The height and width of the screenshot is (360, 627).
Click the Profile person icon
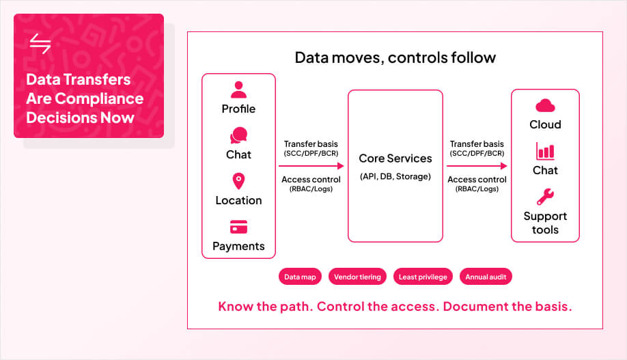click(x=238, y=89)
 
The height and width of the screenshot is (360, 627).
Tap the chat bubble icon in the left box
click(x=238, y=135)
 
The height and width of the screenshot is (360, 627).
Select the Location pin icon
click(x=238, y=181)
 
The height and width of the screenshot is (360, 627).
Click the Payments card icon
click(x=238, y=227)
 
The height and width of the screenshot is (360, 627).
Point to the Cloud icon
click(x=545, y=105)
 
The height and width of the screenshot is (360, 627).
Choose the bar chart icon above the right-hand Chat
click(x=545, y=151)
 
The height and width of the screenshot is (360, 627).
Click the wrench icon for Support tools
click(x=545, y=197)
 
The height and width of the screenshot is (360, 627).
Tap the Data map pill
click(x=300, y=277)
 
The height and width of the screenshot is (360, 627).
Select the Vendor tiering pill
click(x=357, y=277)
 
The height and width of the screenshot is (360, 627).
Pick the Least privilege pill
click(x=423, y=277)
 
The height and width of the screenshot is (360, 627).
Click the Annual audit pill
click(x=486, y=277)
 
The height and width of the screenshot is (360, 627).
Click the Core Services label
click(x=395, y=158)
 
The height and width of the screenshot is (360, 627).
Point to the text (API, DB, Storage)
click(x=395, y=177)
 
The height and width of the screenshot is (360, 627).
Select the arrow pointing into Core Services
click(x=311, y=165)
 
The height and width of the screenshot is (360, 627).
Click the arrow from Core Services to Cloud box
click(x=477, y=165)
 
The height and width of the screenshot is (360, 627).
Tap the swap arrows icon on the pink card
click(x=40, y=44)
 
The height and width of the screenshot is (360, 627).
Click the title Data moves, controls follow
click(x=395, y=57)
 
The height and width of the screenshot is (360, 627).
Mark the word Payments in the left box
click(x=238, y=246)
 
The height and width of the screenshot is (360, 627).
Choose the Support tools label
click(x=545, y=223)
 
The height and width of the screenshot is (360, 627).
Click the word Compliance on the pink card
click(x=100, y=98)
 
